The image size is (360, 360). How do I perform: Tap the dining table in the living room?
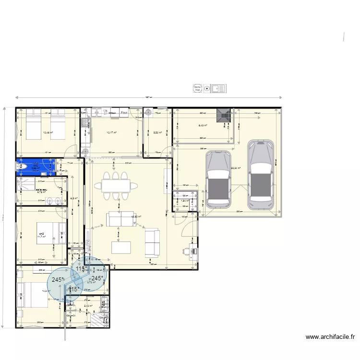click(x=116, y=185)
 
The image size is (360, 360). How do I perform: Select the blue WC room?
click(x=36, y=166)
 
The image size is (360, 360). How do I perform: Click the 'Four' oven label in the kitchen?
click(x=124, y=113)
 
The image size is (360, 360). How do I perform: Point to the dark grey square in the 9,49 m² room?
click(x=224, y=116)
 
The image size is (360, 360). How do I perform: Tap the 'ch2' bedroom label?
click(x=41, y=234)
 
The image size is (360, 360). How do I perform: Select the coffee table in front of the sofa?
click(x=121, y=247)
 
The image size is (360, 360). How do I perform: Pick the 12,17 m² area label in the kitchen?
click(x=111, y=133)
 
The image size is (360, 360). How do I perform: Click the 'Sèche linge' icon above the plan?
click(x=197, y=88)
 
